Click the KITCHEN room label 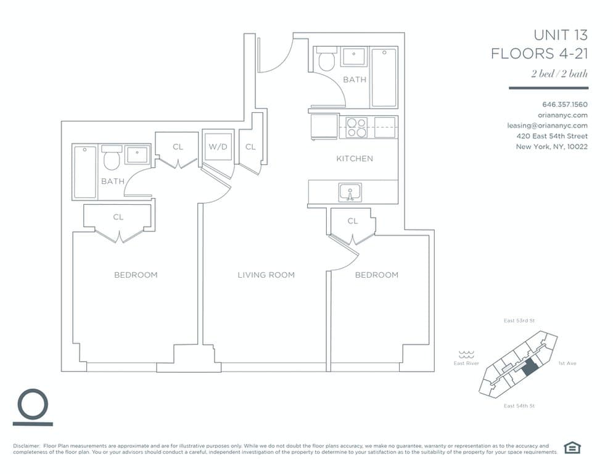pyautogui.click(x=354, y=159)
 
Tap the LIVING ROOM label pyautogui.click(x=266, y=275)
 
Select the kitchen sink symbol pyautogui.click(x=350, y=193)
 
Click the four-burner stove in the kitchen pyautogui.click(x=356, y=127)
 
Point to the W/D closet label pyautogui.click(x=217, y=147)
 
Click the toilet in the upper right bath pyautogui.click(x=326, y=60)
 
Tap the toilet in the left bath pyautogui.click(x=111, y=160)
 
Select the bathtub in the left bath pyautogui.click(x=84, y=172)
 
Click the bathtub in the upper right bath pyautogui.click(x=384, y=77)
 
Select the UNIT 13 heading pyautogui.click(x=560, y=35)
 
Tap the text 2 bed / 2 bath pyautogui.click(x=559, y=74)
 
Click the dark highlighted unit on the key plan pyautogui.click(x=529, y=368)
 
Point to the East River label pyautogui.click(x=466, y=364)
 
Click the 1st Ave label pyautogui.click(x=566, y=364)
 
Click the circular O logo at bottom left pyautogui.click(x=33, y=405)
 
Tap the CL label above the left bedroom pyautogui.click(x=118, y=217)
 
